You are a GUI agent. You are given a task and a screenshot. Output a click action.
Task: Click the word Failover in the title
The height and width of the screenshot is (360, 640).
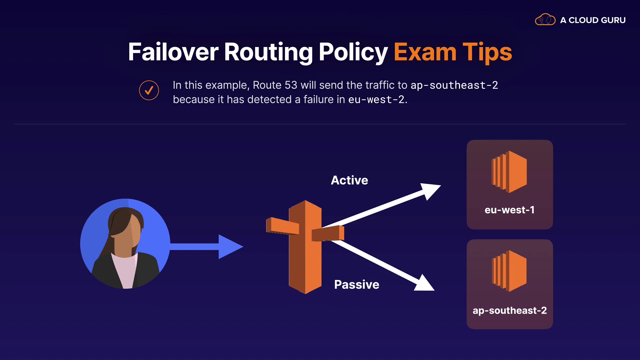point(173,52)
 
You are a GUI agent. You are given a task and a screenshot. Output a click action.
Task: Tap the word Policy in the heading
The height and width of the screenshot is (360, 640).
point(353,52)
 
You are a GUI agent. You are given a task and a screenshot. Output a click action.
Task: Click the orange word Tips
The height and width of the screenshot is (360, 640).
point(487,52)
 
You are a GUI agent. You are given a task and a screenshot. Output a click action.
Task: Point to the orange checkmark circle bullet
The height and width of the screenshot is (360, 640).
point(149,90)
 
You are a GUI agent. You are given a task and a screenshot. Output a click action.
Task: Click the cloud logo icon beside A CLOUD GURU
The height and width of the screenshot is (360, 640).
point(545,20)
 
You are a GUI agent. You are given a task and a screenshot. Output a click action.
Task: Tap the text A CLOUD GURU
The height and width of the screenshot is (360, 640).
point(593,20)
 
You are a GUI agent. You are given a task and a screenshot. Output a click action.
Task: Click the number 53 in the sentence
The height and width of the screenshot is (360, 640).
point(291,85)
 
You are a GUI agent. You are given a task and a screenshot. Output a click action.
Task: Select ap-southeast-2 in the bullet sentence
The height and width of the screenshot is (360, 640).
point(454,85)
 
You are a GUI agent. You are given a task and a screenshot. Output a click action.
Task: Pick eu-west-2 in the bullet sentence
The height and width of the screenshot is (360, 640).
point(376,100)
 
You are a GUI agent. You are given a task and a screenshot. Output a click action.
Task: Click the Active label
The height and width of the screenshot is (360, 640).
point(349,180)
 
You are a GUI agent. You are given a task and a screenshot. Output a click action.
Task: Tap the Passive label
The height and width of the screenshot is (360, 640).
point(357,285)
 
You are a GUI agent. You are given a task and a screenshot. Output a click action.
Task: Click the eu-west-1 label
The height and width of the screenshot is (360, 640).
point(509,210)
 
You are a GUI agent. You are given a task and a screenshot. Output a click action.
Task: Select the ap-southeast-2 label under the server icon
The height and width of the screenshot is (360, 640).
point(510,311)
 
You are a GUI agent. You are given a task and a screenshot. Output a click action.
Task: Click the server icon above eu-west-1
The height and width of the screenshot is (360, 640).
point(509,172)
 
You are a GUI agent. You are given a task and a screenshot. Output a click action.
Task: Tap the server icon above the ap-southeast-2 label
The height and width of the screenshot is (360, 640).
point(509,271)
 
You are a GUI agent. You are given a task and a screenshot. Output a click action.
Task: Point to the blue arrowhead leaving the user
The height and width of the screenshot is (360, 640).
point(230,247)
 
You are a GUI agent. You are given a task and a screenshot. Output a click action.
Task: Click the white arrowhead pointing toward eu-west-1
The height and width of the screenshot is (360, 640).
point(430,190)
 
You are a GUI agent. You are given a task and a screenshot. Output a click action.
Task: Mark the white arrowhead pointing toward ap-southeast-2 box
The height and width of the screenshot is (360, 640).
point(425,284)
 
